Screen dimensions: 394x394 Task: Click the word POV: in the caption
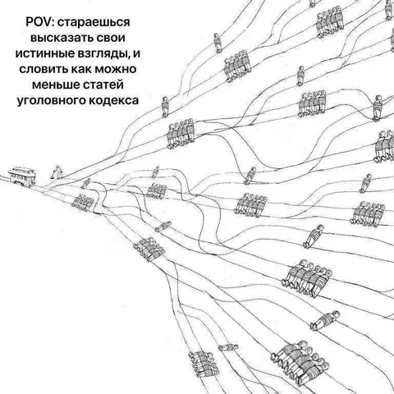39,22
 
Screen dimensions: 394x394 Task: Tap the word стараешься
94,23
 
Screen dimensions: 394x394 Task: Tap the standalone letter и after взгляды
137,53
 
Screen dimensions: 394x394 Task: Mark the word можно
115,69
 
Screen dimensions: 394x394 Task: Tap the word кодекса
114,100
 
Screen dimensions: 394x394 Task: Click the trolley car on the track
22,176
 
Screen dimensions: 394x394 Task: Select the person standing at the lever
58,172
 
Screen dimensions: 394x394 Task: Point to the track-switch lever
53,175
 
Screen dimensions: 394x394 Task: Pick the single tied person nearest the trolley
85,183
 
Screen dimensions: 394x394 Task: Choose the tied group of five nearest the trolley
83,203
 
